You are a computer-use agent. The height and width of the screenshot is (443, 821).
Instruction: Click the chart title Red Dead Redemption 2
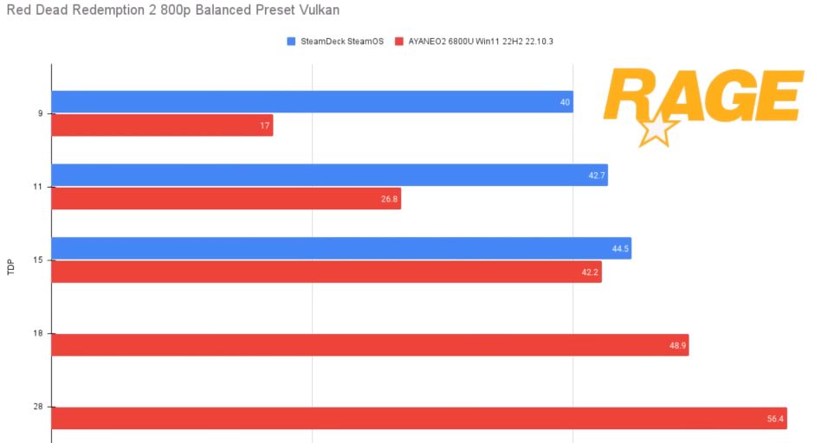point(173,10)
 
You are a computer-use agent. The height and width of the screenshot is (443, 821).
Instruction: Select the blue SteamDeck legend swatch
point(291,41)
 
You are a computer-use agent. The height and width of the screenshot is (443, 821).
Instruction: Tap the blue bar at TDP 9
point(312,102)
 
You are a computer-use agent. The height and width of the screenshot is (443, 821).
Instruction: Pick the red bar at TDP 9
point(162,125)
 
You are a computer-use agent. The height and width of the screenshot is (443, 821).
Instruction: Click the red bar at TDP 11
point(226,199)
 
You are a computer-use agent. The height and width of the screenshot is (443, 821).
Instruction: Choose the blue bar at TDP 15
point(341,248)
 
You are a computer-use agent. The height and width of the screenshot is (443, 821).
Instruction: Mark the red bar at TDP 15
point(326,272)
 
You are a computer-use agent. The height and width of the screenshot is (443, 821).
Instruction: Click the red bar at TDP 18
point(370,345)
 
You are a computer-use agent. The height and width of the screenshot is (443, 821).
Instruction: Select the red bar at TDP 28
point(419,419)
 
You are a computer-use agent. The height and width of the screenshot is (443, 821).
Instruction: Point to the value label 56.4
point(775,419)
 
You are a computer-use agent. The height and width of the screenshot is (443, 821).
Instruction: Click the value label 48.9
point(676,345)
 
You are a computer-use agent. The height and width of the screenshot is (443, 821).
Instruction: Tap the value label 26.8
point(389,199)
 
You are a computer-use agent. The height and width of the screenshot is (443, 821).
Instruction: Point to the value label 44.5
point(619,249)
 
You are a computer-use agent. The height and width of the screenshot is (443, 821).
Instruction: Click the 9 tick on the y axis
point(40,113)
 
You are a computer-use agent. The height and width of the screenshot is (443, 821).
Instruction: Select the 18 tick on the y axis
point(38,333)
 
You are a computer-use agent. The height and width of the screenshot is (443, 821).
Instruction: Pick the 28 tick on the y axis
point(38,407)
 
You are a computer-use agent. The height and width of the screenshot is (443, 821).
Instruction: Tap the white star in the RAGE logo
point(658,130)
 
